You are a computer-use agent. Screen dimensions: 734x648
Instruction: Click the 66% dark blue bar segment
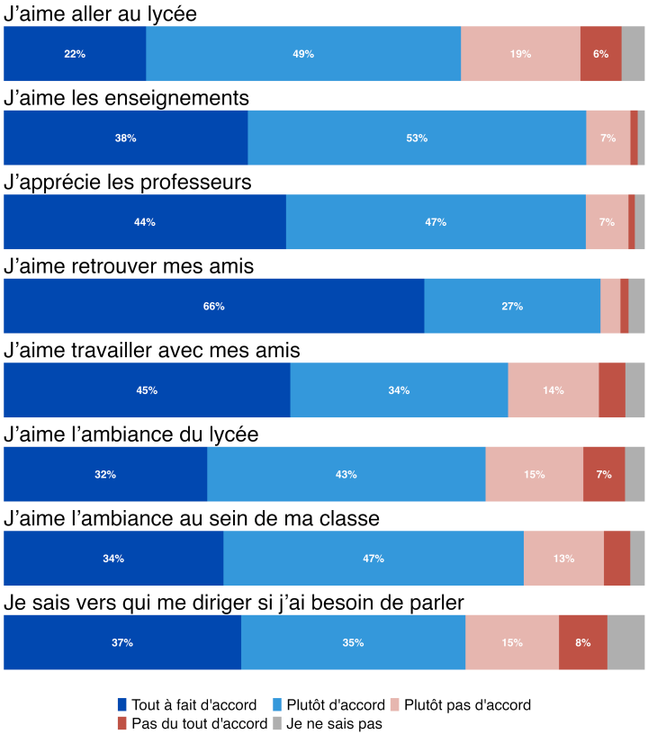point(214,306)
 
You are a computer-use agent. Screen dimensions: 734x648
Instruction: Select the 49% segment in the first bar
point(303,54)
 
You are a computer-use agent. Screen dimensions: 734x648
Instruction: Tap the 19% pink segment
point(520,54)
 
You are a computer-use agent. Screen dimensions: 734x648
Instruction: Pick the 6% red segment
point(600,54)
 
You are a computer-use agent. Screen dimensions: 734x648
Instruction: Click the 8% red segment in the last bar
point(583,642)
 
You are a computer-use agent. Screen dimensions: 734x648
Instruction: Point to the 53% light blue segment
point(417,138)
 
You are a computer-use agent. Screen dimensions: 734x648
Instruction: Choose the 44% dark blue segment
point(145,222)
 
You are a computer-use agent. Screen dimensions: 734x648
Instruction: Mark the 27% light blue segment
point(512,306)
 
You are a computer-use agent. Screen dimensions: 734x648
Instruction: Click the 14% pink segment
point(553,390)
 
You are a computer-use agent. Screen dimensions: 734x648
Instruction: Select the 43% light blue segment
point(346,474)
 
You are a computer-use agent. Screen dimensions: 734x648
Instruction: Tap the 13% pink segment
point(564,559)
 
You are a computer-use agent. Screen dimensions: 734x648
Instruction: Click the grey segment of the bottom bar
point(626,642)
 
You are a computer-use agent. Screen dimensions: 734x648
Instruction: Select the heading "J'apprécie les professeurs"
point(128,183)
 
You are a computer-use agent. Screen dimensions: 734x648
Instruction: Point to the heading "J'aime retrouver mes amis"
point(130,266)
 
